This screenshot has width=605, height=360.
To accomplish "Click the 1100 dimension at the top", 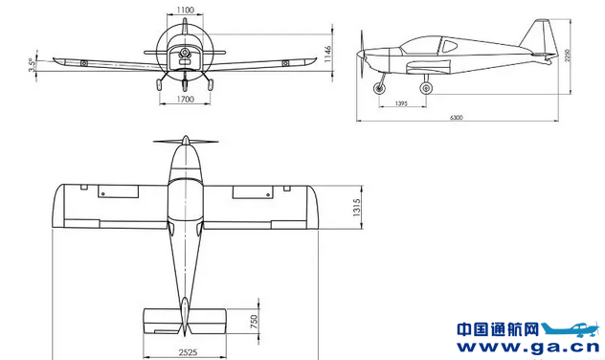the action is click(x=185, y=10).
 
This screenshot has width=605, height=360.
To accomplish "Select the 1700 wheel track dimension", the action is click(x=185, y=100).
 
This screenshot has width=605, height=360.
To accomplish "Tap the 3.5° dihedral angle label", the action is click(x=33, y=65).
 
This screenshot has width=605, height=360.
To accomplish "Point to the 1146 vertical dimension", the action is click(x=327, y=54).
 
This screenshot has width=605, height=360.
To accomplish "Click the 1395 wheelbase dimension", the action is click(x=401, y=103).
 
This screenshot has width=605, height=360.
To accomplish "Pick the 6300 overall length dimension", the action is click(x=456, y=118).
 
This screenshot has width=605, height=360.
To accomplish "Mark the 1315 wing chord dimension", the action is click(x=356, y=207).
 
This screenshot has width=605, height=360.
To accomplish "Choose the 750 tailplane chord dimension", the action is click(x=254, y=322).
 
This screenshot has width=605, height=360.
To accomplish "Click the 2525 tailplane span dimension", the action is click(x=188, y=352).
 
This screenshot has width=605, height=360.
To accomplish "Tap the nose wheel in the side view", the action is click(x=379, y=89).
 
